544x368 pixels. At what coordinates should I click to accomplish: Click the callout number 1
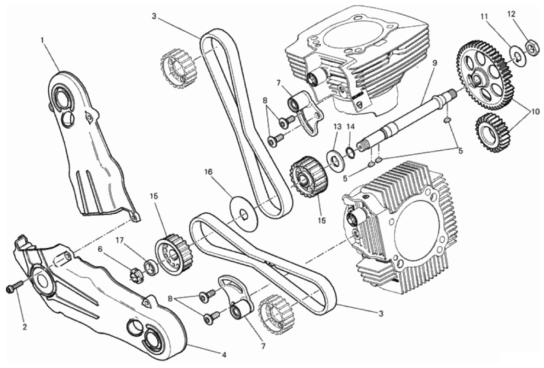pos(42,40)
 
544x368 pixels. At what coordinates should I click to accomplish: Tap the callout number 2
pos(24,327)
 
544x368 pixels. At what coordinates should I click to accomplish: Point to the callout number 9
pos(435,62)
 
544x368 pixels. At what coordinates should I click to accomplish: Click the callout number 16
pos(208,172)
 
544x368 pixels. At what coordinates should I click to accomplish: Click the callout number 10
pos(533,111)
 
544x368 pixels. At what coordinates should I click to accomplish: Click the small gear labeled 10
pos(492,132)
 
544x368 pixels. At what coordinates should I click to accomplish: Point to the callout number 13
pos(337,126)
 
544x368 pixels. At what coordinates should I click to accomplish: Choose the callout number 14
pos(351,125)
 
